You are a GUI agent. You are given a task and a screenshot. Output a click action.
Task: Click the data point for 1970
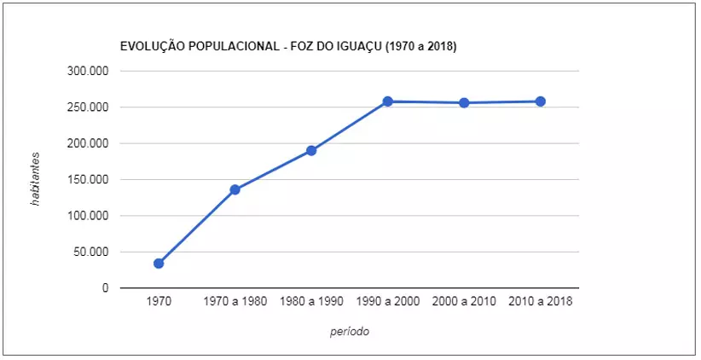tap(159, 264)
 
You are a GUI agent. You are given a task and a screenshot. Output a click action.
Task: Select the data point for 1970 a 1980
tap(235, 189)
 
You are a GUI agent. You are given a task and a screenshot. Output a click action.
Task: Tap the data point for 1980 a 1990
tap(311, 151)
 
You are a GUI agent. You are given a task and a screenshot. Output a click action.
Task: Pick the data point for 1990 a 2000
tap(387, 102)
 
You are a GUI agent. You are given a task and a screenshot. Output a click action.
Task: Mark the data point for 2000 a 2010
tap(464, 103)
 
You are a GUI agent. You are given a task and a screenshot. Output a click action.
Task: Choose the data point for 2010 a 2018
tap(541, 102)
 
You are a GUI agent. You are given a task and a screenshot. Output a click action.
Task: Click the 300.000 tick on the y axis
tap(88, 72)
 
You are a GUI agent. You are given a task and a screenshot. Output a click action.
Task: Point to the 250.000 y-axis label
tap(88, 107)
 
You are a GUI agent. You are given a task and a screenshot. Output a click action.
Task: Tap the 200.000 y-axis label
tap(88, 143)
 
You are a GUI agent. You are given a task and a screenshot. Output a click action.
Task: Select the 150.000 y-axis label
tap(88, 180)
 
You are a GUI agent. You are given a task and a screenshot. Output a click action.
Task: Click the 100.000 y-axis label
tap(88, 216)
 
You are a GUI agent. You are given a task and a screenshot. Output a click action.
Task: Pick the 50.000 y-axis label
tap(91, 252)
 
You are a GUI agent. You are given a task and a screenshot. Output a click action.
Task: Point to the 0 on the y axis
tap(105, 288)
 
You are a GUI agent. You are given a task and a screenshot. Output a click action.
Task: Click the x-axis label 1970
tap(159, 302)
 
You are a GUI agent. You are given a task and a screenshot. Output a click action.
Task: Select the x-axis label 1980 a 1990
tap(311, 302)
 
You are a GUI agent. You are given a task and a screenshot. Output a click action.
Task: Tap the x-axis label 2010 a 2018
tap(541, 302)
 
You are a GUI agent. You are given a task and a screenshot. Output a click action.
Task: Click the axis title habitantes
tap(36, 180)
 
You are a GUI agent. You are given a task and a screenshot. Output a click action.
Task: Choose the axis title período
tap(350, 332)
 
